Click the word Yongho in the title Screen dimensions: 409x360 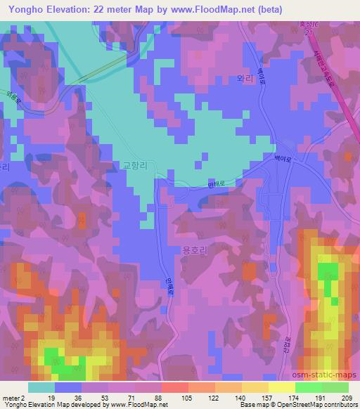pyautogui.click(x=22, y=9)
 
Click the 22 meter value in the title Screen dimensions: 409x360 pyautogui.click(x=120, y=9)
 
